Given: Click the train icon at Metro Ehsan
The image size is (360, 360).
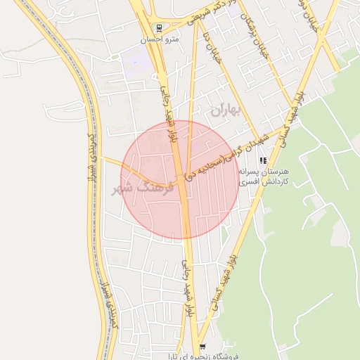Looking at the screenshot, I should [x=160, y=30].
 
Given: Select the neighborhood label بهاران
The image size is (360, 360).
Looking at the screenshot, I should [x=226, y=110].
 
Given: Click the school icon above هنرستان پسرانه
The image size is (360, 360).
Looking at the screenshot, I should [x=264, y=161].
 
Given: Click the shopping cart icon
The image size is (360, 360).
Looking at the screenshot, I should [x=203, y=346].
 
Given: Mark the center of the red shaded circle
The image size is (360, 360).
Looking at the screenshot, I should [x=180, y=179].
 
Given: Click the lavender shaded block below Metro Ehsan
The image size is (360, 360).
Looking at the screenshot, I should [x=136, y=62].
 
